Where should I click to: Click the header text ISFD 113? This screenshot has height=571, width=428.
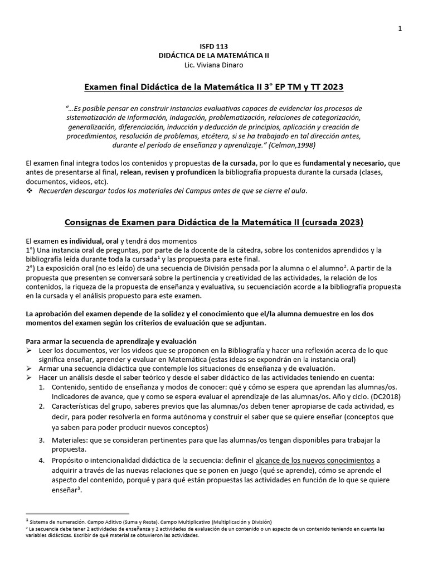tap(213, 46)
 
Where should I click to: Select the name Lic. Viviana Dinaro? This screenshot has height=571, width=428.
tap(213, 65)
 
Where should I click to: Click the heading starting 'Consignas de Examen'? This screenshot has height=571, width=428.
tap(213, 222)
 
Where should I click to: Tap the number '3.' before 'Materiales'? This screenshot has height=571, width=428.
tap(42, 440)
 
